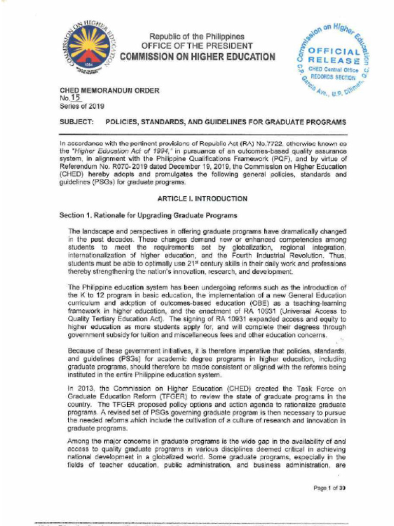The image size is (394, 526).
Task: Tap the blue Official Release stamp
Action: pos(331,58)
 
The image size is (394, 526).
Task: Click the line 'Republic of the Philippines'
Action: pos(197,36)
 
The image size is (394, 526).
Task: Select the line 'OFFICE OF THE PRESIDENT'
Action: pos(197,46)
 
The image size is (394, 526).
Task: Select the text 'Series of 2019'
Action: pos(82,106)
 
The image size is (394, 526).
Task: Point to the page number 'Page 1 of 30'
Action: pos(329,488)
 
